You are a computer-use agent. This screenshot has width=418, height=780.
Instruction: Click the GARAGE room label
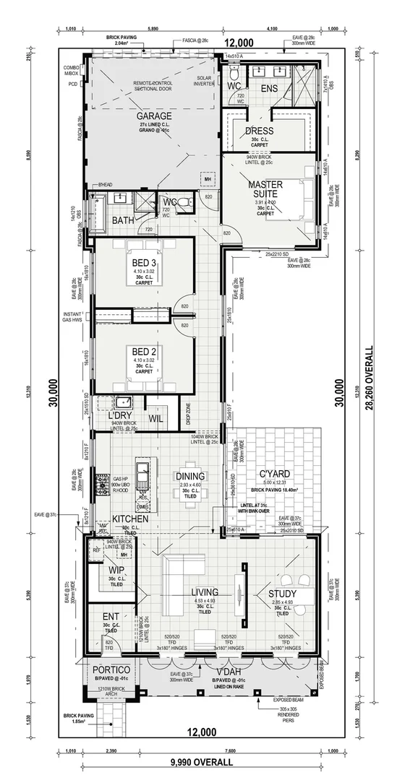point(154,116)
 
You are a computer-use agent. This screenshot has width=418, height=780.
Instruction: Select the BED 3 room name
point(145,261)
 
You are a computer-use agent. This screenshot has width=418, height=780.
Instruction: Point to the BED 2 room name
point(145,350)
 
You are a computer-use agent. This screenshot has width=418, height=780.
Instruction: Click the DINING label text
point(190,476)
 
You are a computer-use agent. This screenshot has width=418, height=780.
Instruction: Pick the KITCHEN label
point(130,519)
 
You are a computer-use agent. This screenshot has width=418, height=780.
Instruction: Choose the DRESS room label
point(259,131)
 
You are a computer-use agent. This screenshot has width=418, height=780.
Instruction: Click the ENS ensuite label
point(269,88)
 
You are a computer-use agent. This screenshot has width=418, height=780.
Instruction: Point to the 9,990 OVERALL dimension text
point(202,761)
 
